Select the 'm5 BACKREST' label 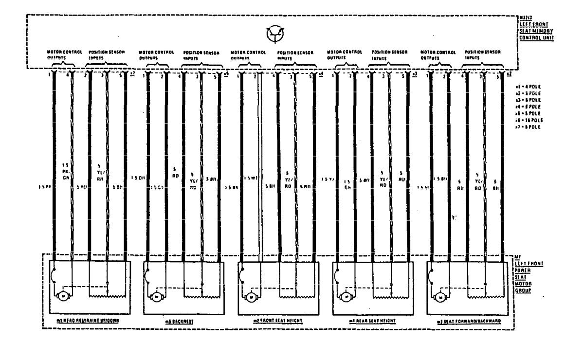point(180,321)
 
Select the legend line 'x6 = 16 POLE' point(530,120)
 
